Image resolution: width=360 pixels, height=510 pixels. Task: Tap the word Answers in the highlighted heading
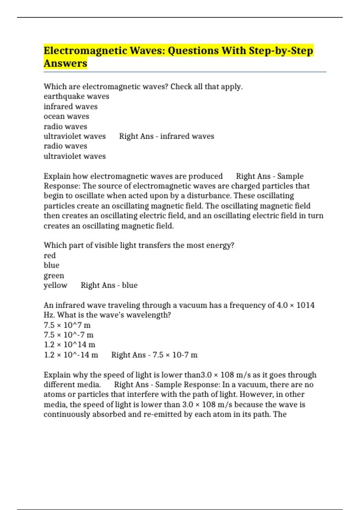[65, 64]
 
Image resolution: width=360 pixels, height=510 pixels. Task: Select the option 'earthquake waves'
[76, 97]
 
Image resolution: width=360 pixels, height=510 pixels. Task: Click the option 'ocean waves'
[66, 116]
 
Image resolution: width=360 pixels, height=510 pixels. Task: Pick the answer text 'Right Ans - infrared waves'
[166, 136]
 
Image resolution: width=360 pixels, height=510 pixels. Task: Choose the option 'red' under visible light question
[49, 256]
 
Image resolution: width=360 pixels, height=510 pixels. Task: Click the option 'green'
[54, 275]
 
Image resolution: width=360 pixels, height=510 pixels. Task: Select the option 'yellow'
[55, 285]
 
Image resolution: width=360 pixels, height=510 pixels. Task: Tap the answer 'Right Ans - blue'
[109, 285]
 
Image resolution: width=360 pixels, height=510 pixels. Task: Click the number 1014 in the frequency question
[305, 305]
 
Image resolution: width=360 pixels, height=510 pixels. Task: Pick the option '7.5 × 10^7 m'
[67, 325]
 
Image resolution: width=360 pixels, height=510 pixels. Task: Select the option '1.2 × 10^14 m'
[69, 345]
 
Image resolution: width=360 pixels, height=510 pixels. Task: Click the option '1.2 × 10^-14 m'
[71, 355]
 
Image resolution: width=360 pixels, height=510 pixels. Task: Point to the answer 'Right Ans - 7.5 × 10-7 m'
[154, 355]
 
